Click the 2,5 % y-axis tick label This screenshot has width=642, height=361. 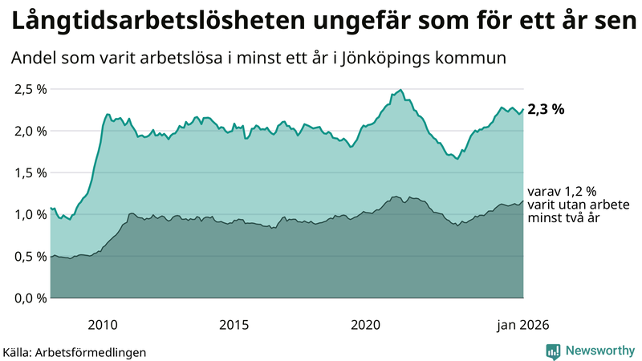(30, 89)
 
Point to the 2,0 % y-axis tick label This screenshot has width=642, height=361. (30, 131)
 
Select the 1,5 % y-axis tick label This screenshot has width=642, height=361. (30, 172)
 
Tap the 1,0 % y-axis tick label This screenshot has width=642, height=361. (30, 214)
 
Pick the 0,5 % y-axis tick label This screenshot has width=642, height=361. (30, 256)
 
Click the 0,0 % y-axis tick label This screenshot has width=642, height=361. (30, 298)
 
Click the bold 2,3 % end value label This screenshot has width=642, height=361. (546, 110)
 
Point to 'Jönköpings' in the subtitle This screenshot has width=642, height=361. (407, 59)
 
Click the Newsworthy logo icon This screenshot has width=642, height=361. (553, 351)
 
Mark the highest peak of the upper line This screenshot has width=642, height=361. (400, 90)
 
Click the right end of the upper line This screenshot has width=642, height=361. (523, 109)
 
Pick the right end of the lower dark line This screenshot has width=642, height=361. (523, 201)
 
